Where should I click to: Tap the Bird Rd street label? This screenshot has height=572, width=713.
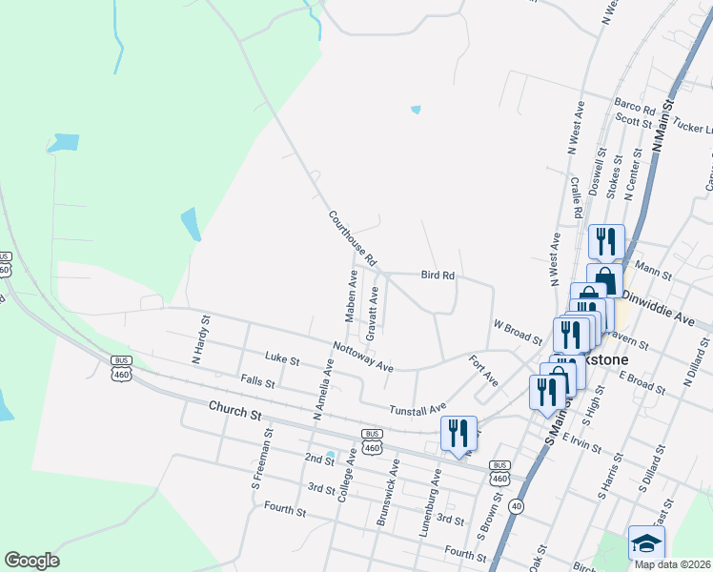pyautogui.click(x=438, y=276)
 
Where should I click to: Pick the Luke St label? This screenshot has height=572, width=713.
pyautogui.click(x=282, y=361)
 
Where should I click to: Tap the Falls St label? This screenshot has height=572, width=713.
pyautogui.click(x=258, y=382)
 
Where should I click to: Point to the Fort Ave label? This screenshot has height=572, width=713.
pyautogui.click(x=484, y=371)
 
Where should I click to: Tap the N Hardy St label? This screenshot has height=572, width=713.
pyautogui.click(x=200, y=339)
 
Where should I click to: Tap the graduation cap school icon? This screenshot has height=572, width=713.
pyautogui.click(x=646, y=543)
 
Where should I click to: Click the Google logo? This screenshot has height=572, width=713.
pyautogui.click(x=31, y=561)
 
